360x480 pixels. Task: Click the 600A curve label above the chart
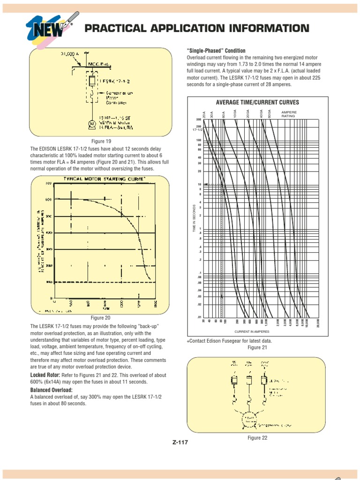pos(269,113)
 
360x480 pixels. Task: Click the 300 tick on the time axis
pos(198,120)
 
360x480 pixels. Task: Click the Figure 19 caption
pos(101,141)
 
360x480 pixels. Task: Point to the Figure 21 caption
pos(257,347)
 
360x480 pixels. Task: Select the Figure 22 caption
pos(257,438)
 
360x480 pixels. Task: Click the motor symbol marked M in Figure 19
pos(92,123)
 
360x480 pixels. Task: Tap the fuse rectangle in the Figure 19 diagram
pos(92,81)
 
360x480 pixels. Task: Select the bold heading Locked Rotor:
pos(45,375)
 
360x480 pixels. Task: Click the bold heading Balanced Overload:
pos(52,390)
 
